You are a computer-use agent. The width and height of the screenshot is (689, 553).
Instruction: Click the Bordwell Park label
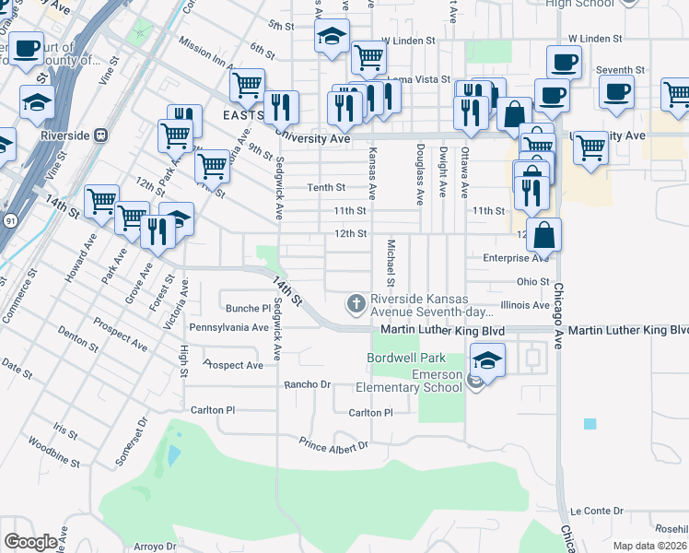[406, 358]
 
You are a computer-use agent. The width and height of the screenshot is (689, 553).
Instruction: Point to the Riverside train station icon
[100, 135]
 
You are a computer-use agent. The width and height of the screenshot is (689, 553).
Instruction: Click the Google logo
[30, 542]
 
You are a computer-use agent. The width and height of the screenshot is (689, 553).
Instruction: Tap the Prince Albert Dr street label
[333, 445]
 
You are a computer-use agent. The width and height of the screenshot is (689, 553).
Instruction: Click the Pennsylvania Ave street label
[228, 327]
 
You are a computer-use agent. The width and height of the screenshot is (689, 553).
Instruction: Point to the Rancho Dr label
[307, 384]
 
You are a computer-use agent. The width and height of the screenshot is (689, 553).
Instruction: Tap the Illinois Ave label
[525, 305]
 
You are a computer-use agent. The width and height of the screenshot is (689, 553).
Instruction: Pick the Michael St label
[391, 262]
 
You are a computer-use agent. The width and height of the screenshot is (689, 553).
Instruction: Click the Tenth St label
[326, 187]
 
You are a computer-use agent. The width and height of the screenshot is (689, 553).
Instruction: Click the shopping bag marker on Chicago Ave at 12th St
[544, 236]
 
